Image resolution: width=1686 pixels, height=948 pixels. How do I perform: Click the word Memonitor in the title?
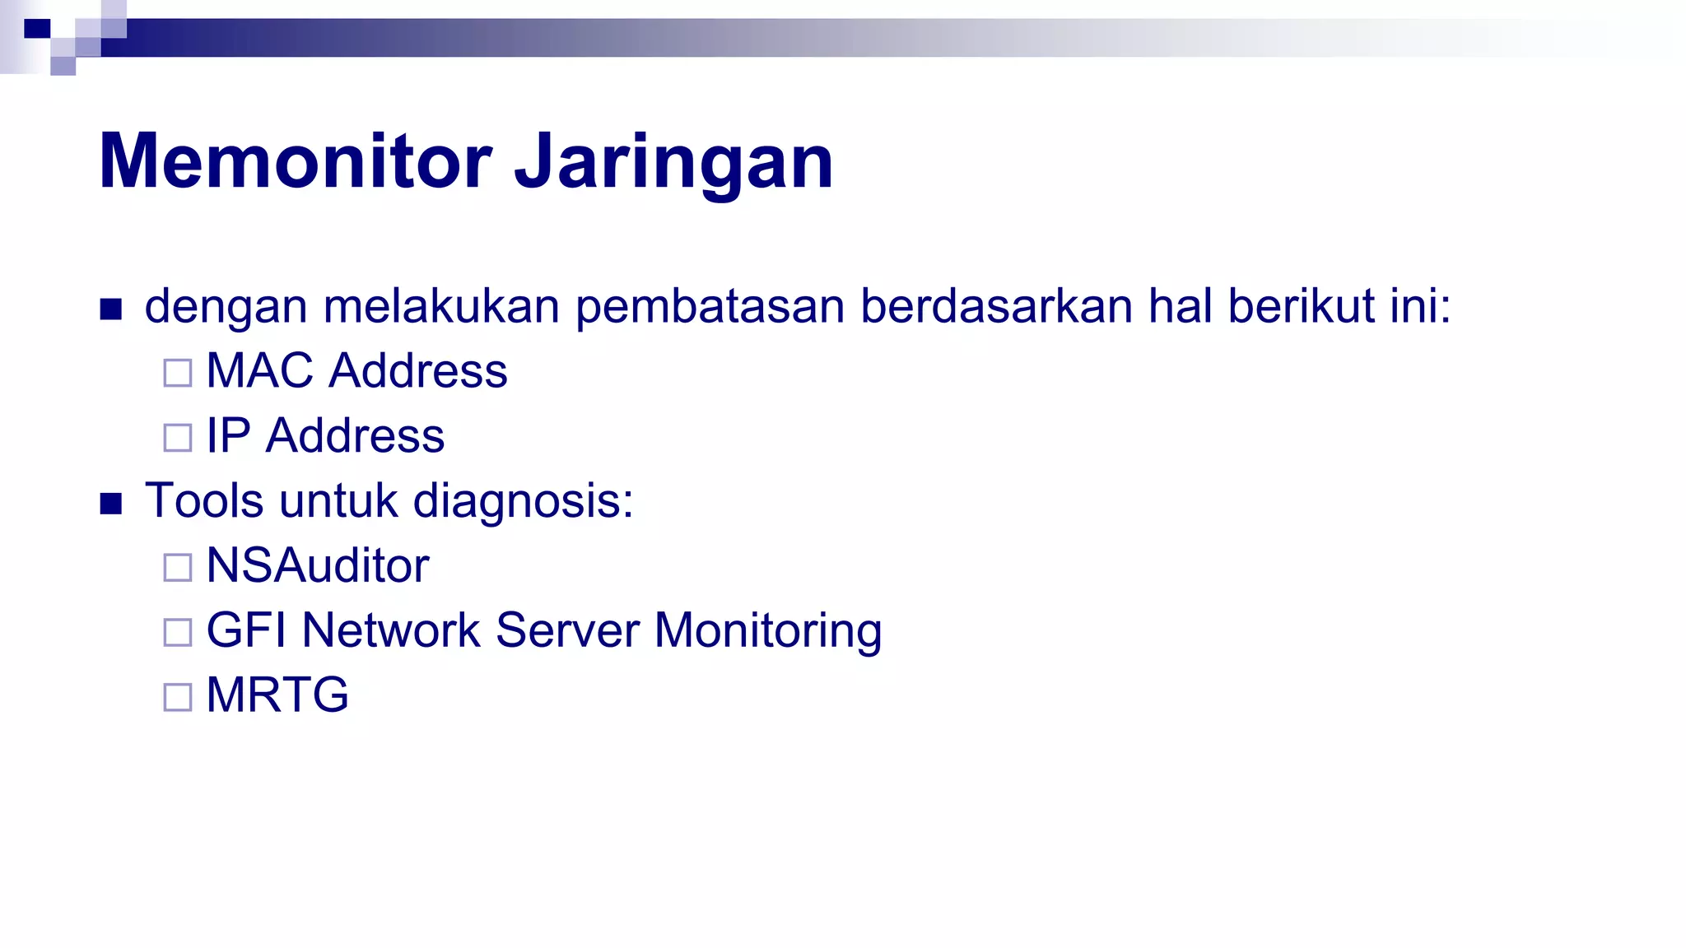(295, 161)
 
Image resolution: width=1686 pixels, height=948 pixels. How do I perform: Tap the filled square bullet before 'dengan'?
(111, 309)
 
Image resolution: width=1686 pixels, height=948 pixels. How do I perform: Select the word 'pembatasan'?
(710, 306)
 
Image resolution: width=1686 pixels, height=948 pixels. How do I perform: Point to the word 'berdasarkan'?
(996, 306)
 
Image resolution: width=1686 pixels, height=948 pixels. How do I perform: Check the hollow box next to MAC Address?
(178, 373)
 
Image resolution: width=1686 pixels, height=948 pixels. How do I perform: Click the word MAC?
(259, 370)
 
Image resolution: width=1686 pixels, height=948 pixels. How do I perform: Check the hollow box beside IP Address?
(178, 438)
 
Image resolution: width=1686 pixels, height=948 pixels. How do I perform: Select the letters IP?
(228, 435)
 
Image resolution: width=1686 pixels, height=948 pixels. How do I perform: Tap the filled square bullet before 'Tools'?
(111, 504)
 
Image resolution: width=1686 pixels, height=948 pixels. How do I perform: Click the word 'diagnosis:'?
(523, 501)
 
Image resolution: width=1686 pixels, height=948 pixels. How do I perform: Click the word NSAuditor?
(318, 565)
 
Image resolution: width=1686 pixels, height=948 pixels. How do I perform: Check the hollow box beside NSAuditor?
(178, 568)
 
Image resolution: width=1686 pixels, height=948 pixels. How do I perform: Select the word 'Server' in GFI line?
(567, 630)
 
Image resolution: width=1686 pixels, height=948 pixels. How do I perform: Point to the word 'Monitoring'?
(767, 630)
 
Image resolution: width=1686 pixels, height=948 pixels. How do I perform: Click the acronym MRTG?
(277, 695)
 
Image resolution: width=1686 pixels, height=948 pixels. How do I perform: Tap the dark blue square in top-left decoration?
(37, 29)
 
